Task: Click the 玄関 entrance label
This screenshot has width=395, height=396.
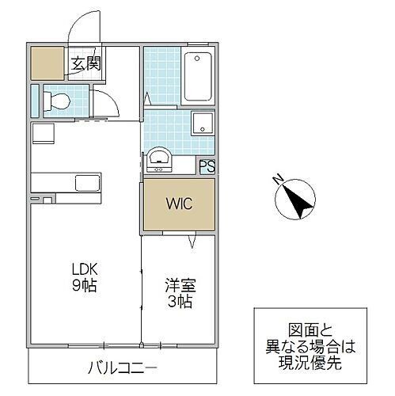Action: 86,64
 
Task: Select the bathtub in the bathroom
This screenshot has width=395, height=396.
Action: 198,78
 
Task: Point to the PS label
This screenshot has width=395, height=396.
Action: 206,166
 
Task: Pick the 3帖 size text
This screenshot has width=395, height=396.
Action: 179,302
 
